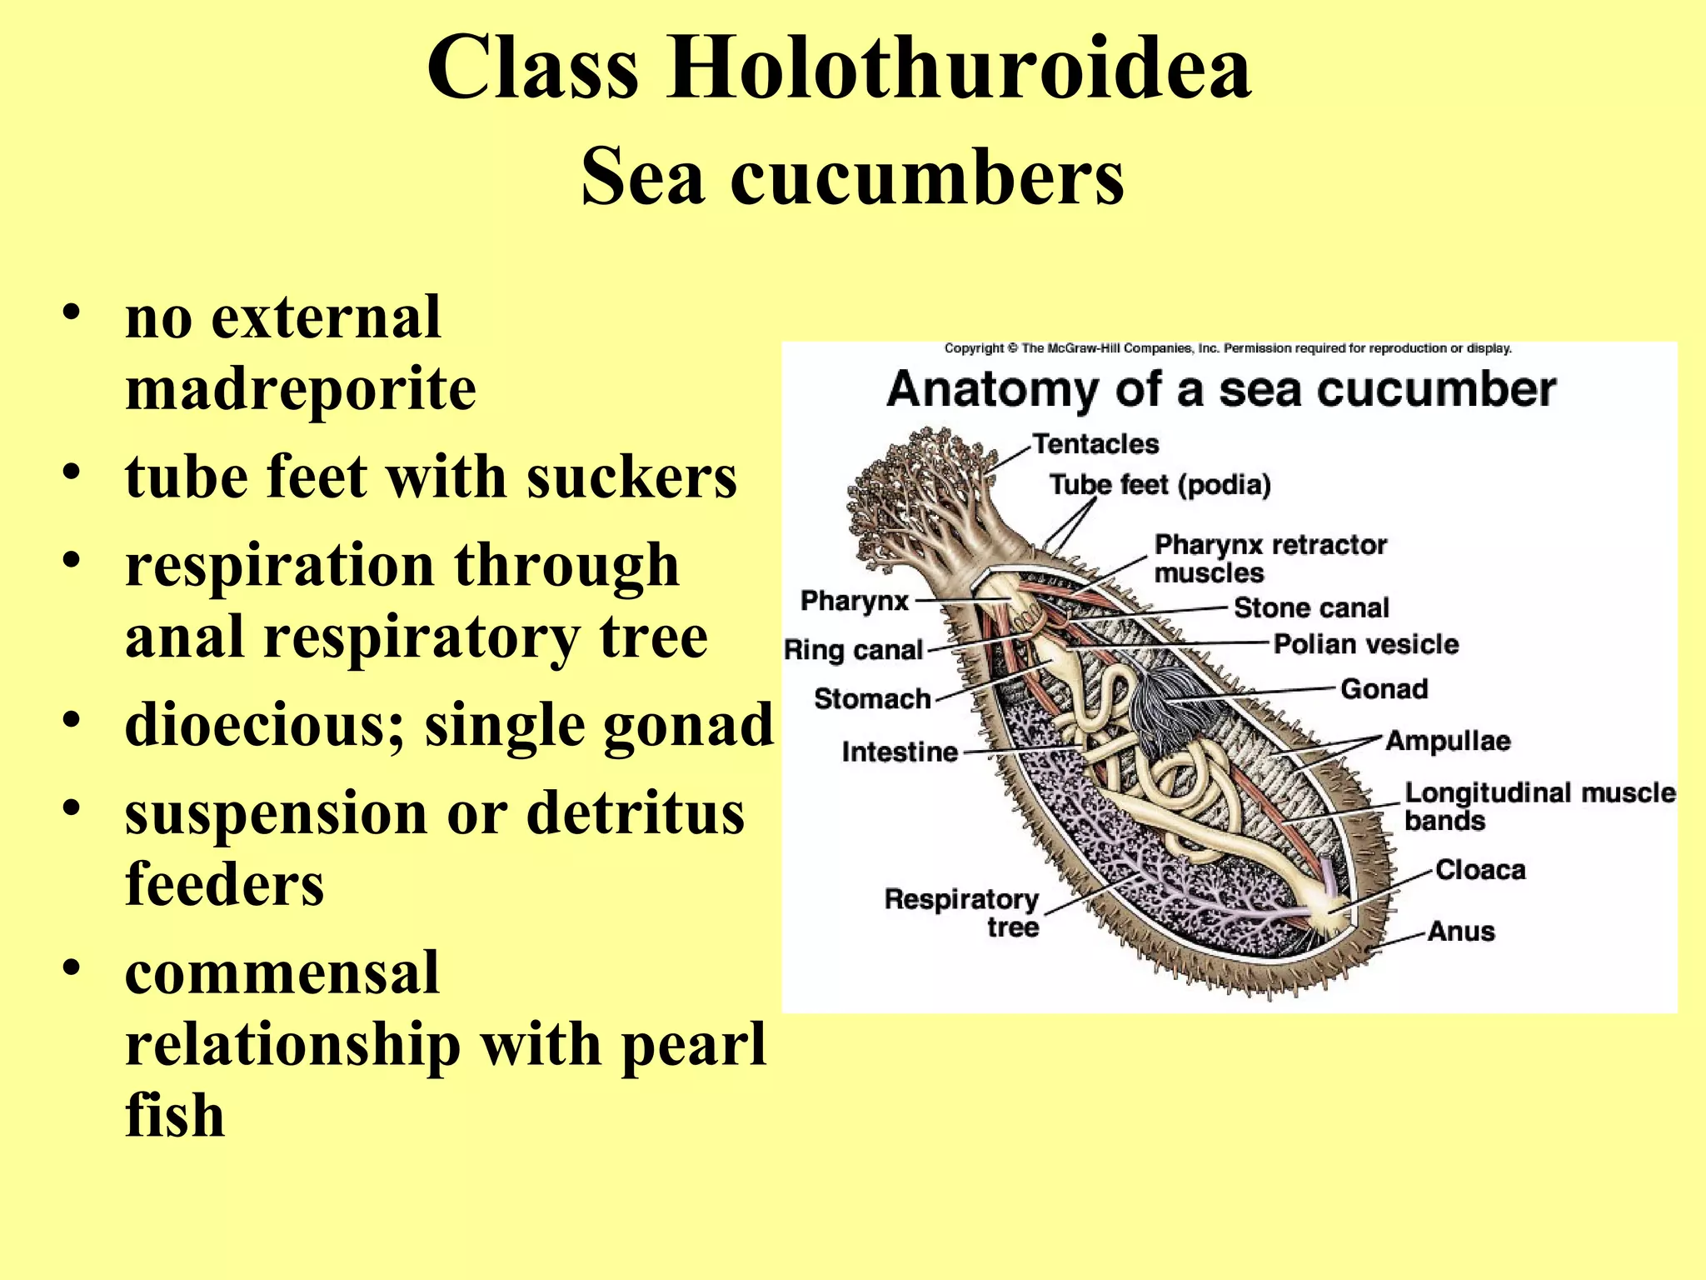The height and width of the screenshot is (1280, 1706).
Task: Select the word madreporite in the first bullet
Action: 301,388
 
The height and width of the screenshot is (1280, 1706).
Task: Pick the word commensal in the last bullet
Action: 282,972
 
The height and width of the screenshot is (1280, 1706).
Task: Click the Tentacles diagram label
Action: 1095,444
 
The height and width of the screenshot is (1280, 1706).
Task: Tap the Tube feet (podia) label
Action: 1160,485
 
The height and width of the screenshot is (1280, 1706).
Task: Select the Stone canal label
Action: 1311,608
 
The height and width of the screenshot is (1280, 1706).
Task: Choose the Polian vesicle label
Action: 1366,644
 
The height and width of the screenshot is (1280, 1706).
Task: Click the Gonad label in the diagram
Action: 1384,689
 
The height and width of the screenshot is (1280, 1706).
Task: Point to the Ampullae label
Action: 1448,741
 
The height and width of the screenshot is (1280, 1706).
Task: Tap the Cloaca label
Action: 1480,870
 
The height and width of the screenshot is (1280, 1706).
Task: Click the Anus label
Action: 1461,931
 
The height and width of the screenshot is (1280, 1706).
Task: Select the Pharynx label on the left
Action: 854,601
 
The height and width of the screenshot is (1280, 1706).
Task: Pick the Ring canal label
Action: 854,650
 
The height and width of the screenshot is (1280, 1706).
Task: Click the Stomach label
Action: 872,698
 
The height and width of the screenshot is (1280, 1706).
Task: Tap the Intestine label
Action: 900,752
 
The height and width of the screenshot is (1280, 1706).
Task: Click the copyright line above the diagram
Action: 1228,348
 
